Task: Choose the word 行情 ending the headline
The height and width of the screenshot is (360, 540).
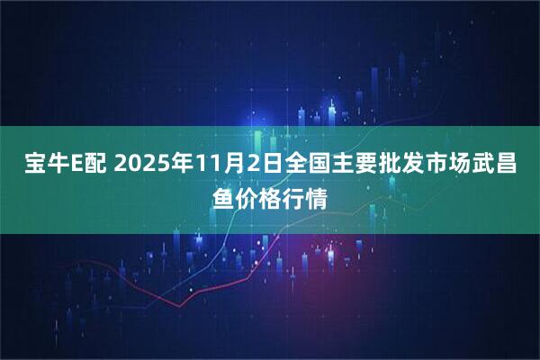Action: [310, 194]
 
